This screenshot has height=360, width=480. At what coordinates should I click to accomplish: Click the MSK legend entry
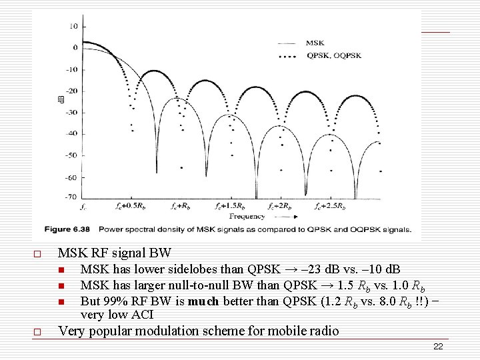point(315,43)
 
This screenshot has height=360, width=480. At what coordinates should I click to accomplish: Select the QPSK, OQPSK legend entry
point(334,56)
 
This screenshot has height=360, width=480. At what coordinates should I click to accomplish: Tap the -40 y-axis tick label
point(70,133)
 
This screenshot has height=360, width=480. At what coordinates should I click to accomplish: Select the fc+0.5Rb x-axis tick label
point(126,207)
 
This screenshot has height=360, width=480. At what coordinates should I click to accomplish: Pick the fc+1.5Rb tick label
point(231,207)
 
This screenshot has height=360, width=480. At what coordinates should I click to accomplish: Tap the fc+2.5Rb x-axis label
point(331,207)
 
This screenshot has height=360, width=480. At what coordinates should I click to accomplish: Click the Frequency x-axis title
point(247,216)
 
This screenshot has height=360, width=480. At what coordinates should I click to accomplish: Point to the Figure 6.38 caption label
point(69,229)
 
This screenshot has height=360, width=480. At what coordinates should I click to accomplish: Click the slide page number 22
point(438,346)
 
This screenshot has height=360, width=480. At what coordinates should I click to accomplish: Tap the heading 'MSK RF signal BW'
point(115,253)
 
